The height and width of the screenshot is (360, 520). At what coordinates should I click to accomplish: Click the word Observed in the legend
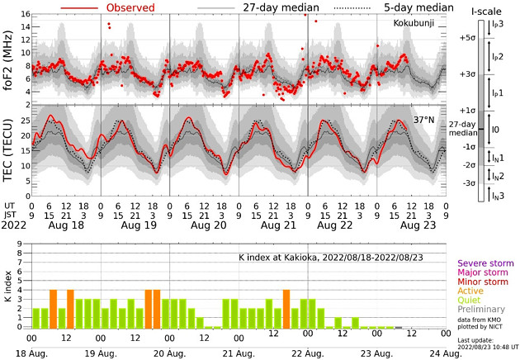(139, 7)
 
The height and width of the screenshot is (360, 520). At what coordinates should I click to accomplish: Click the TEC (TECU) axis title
(7, 147)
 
